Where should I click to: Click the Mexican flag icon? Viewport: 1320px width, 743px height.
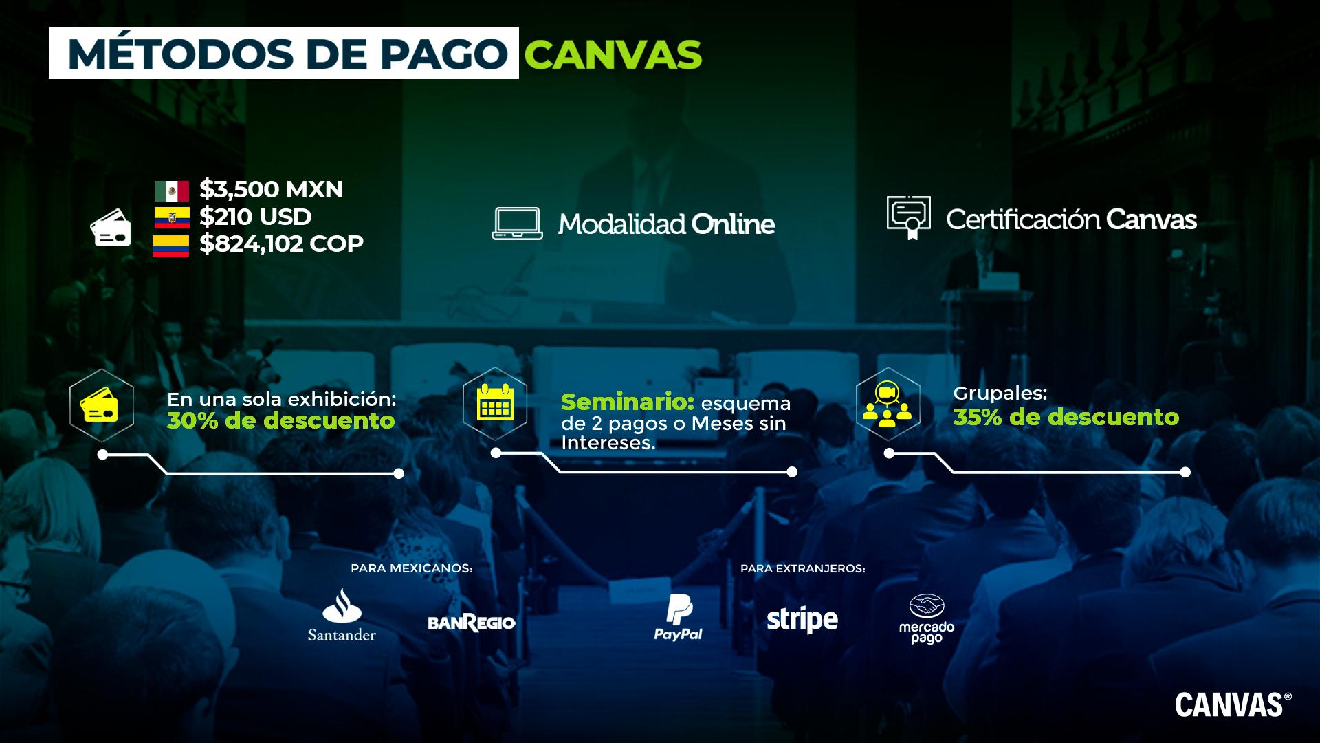[x=171, y=191]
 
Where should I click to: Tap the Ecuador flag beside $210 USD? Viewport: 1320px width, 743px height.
[x=171, y=217]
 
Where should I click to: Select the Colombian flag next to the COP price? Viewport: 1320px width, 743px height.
[x=170, y=246]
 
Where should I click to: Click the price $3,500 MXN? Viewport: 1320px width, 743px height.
[x=271, y=189]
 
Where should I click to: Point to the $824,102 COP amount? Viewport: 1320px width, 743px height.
[x=281, y=244]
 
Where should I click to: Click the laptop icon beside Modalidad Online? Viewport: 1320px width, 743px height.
[x=517, y=224]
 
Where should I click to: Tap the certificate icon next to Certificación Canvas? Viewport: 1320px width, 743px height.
[x=909, y=217]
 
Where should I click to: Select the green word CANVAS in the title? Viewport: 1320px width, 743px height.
[x=613, y=54]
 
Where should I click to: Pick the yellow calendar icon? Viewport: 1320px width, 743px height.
[x=495, y=404]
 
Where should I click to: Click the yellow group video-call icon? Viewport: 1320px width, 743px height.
[x=888, y=405]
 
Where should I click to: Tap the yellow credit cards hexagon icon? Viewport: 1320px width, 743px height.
[x=101, y=405]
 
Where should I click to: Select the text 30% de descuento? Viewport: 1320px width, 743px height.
[x=280, y=420]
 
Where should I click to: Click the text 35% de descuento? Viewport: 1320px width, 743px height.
[x=1066, y=417]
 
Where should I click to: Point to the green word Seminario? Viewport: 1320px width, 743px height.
[x=627, y=401]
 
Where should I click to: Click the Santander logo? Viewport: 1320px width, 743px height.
[x=342, y=616]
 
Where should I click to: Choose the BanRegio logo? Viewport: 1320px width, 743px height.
[x=471, y=623]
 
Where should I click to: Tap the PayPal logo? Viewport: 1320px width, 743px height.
[x=678, y=617]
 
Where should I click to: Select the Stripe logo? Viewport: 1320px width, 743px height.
[x=802, y=620]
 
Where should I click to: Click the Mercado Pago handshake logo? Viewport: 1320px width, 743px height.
[x=927, y=618]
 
